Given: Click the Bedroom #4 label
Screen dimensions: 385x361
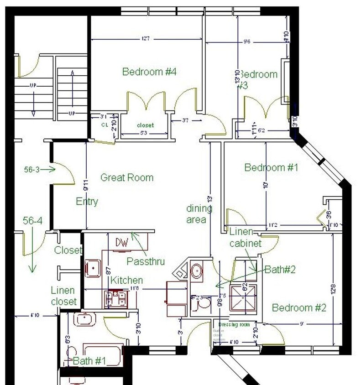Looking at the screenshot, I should click(x=149, y=72).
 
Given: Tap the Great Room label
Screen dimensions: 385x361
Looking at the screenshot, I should click(x=126, y=177).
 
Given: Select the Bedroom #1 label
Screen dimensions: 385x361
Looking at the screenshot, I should click(x=271, y=167).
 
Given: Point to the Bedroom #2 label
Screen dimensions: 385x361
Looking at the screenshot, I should click(x=299, y=308).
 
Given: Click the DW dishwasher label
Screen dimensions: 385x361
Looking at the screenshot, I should click(x=121, y=242).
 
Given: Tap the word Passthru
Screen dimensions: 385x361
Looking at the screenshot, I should click(x=145, y=261).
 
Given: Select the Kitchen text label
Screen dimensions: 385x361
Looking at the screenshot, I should click(x=126, y=280).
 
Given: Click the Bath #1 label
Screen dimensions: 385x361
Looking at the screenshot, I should click(x=89, y=361).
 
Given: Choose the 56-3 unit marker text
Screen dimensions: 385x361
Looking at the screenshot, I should click(x=32, y=169).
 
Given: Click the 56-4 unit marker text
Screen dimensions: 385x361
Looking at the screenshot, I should click(x=32, y=221).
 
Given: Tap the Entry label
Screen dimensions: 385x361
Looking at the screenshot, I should click(x=87, y=201).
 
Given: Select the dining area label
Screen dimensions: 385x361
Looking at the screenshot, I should click(x=199, y=214).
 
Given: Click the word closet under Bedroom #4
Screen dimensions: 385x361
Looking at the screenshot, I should click(x=146, y=125).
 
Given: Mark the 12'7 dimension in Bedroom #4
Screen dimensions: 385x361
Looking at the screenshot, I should click(x=146, y=39).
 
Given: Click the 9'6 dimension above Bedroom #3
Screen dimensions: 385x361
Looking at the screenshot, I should click(x=247, y=42).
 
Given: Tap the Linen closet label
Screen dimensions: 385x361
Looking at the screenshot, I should click(x=63, y=296).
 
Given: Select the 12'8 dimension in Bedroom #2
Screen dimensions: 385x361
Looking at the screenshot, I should click(x=334, y=289).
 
